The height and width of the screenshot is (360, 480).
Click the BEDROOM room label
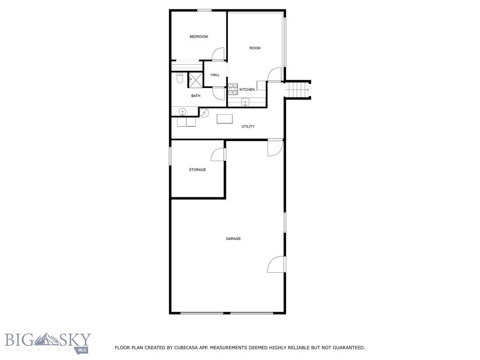point(198,37)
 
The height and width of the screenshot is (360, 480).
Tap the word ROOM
point(255,48)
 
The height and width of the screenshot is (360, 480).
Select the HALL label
point(215,75)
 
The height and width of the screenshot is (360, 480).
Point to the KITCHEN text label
point(247,90)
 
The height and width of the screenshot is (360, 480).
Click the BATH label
point(195,96)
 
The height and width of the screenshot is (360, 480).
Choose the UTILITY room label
point(248,127)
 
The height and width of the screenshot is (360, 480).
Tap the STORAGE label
point(197,170)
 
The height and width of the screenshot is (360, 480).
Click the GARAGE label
point(233,239)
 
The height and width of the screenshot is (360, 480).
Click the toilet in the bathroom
point(179,79)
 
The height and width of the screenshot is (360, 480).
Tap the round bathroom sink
point(183,112)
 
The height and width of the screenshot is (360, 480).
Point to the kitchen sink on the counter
point(245,102)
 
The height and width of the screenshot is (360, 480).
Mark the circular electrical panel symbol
point(204,112)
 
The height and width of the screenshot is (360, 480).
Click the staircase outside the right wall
point(298,89)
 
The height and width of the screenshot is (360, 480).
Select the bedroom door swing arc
point(218,54)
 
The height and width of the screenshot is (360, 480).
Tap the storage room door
point(218,154)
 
